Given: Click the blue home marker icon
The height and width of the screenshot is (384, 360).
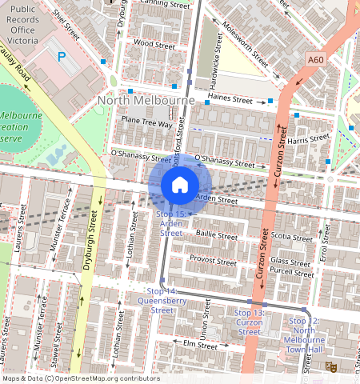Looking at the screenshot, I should [180, 185].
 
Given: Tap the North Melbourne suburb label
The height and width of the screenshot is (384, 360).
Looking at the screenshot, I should [146, 101].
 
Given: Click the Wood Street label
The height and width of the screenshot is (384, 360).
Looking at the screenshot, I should [154, 44].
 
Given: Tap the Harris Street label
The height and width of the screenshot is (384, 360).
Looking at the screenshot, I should [308, 139].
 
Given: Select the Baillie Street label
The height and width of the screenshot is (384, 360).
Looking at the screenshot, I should [217, 236].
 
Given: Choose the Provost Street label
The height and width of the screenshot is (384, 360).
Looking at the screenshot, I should [214, 260].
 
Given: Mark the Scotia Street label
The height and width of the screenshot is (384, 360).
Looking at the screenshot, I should [291, 237].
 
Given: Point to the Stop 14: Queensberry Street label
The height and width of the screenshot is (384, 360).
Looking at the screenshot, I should [162, 301].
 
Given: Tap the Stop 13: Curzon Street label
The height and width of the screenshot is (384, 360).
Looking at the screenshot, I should [249, 321].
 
